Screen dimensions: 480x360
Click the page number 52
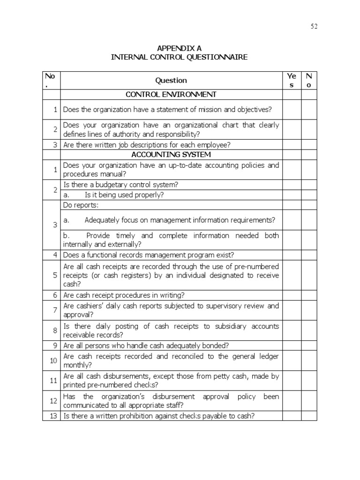(x=314, y=26)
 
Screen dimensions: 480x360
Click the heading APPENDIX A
(x=179, y=48)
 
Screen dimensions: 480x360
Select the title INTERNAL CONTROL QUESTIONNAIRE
(x=179, y=57)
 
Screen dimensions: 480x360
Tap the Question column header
(x=171, y=80)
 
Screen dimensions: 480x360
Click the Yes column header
(x=292, y=80)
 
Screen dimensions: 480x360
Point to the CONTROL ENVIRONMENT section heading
(x=171, y=95)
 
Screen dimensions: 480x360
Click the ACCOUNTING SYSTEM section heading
(x=171, y=154)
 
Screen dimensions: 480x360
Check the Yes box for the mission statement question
(x=292, y=110)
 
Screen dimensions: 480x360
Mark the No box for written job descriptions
(x=309, y=144)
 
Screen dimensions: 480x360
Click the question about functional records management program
(x=149, y=255)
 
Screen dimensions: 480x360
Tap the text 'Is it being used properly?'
(x=124, y=195)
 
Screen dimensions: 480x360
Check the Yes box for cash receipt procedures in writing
(x=292, y=295)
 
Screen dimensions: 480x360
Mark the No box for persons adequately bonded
(x=309, y=345)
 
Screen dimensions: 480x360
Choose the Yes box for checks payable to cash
(x=292, y=416)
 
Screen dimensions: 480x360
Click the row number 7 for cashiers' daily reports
(x=54, y=310)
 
